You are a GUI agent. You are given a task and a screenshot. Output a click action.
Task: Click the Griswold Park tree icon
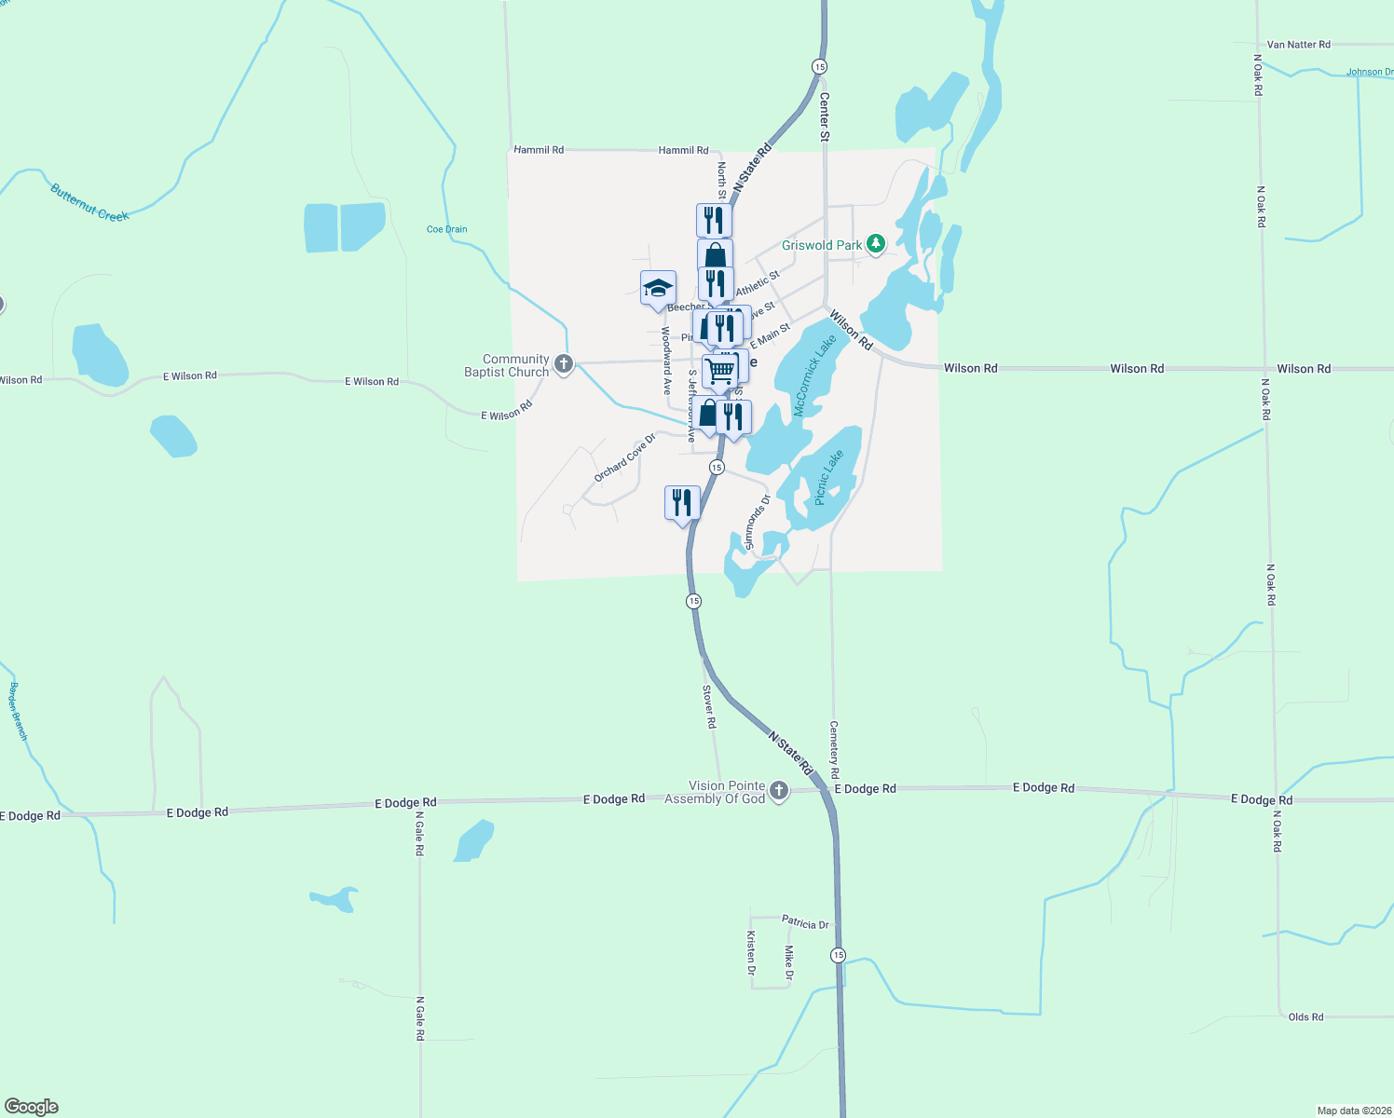point(875,244)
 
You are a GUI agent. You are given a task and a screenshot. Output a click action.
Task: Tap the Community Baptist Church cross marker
point(563,364)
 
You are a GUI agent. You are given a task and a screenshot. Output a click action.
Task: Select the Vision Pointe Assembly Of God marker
point(779,792)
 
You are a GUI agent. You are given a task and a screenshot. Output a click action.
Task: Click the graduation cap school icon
point(658,288)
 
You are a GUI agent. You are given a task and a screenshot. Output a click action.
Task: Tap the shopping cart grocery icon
point(720,370)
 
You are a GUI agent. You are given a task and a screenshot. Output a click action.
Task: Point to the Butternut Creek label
point(89,203)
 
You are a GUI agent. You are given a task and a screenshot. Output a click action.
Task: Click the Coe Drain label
point(447,229)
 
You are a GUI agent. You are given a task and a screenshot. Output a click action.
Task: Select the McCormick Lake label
point(815,375)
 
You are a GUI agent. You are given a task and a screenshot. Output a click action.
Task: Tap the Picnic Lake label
point(828,478)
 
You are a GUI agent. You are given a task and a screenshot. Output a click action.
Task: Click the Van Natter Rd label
point(1298,45)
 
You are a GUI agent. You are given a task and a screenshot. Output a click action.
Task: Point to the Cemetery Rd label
point(834,749)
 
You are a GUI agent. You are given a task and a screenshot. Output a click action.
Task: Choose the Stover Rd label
point(709,707)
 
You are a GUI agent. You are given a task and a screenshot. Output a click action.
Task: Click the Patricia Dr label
point(805,923)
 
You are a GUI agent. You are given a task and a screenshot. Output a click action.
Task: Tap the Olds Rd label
point(1305,1017)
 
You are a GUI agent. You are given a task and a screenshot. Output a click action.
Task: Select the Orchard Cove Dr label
point(624,458)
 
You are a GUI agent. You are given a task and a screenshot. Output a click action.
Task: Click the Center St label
point(825,116)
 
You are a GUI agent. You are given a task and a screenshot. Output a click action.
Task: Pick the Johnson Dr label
point(1369,72)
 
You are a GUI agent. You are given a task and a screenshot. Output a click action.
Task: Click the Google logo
point(32,1107)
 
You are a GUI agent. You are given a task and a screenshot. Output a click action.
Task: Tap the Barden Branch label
point(19,712)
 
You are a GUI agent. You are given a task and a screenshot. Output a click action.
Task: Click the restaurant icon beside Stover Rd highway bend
point(682,503)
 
